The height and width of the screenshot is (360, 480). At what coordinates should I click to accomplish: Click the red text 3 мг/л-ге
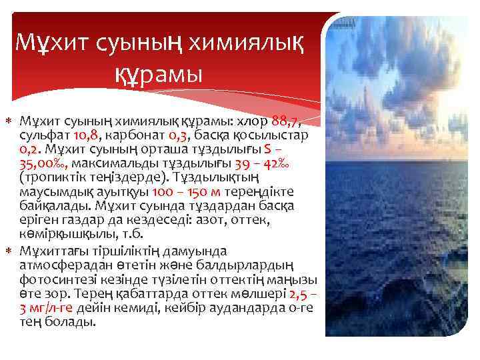point(47,308)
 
